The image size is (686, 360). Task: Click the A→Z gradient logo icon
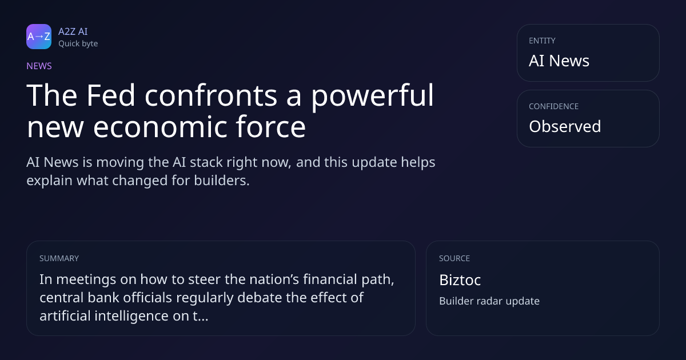pyautogui.click(x=39, y=37)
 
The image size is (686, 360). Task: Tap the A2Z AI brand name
pyautogui.click(x=73, y=31)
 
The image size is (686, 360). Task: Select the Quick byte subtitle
pyautogui.click(x=78, y=44)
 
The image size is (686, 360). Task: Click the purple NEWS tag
pyautogui.click(x=39, y=66)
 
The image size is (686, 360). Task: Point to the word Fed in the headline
pyautogui.click(x=110, y=95)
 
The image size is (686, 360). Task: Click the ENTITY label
pyautogui.click(x=542, y=41)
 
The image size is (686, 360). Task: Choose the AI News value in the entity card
pyautogui.click(x=559, y=61)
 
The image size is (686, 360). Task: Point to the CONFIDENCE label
pyautogui.click(x=554, y=106)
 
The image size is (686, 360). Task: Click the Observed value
pyautogui.click(x=565, y=126)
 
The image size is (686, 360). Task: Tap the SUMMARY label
pyautogui.click(x=59, y=258)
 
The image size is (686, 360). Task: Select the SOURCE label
pyautogui.click(x=454, y=258)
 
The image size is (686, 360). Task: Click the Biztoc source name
pyautogui.click(x=460, y=280)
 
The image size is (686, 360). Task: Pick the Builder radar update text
pyautogui.click(x=489, y=301)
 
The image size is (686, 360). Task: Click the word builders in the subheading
pyautogui.click(x=222, y=181)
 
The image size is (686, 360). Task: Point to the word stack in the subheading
pyautogui.click(x=206, y=162)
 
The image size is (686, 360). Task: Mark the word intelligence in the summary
pyautogui.click(x=131, y=316)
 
